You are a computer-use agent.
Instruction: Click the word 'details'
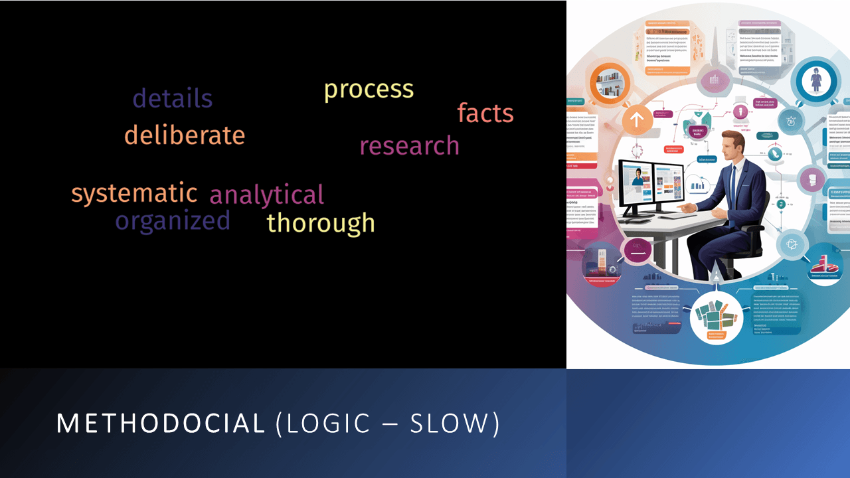click(173, 99)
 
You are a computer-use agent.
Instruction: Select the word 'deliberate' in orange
click(185, 135)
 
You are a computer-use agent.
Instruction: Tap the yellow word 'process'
click(369, 90)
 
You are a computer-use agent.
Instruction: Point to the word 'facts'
click(485, 114)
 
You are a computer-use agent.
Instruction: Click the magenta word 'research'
click(409, 146)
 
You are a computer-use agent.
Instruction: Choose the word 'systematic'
click(134, 194)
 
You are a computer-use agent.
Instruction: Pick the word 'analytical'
click(266, 195)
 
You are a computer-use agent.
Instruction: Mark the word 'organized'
click(173, 221)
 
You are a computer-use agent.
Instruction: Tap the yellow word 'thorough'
click(321, 223)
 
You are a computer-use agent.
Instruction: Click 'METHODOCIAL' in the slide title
click(161, 424)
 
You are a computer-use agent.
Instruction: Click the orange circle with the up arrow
click(636, 121)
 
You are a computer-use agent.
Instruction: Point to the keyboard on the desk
click(671, 215)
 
